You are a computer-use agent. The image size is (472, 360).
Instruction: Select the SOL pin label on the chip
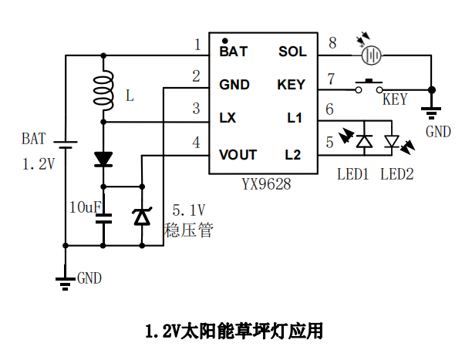tap(292, 52)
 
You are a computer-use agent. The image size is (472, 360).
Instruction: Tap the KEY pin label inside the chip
tap(291, 85)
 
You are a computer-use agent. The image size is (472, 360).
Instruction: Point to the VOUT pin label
tap(238, 155)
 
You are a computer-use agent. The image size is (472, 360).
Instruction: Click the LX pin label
tap(228, 118)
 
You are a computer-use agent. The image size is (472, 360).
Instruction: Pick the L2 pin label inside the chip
tap(293, 155)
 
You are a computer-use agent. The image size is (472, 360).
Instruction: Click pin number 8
tap(332, 42)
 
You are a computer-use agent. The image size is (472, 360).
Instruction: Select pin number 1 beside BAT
tap(197, 44)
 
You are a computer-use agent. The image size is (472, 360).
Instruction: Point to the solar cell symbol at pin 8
tap(373, 55)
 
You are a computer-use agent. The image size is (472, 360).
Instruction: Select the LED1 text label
tap(354, 174)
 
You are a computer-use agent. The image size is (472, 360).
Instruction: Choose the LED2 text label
tap(397, 174)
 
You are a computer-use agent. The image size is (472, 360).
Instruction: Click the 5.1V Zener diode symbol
tap(142, 217)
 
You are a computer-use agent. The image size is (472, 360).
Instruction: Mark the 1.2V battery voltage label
tap(37, 163)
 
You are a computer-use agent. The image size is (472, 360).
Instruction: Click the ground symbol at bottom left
tap(65, 279)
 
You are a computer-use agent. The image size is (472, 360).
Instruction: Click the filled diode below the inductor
tap(103, 160)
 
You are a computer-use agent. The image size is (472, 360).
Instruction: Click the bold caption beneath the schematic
tap(234, 331)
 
